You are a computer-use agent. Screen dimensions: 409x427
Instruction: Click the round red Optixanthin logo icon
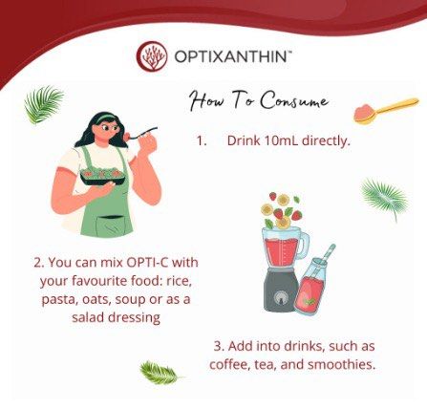point(152,56)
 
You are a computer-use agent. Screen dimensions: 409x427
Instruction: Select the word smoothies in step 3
point(341,364)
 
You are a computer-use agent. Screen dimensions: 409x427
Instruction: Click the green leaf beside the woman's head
point(43,104)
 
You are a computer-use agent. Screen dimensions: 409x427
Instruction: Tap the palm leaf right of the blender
point(384,198)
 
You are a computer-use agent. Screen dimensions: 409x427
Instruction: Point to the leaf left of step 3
point(159,372)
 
